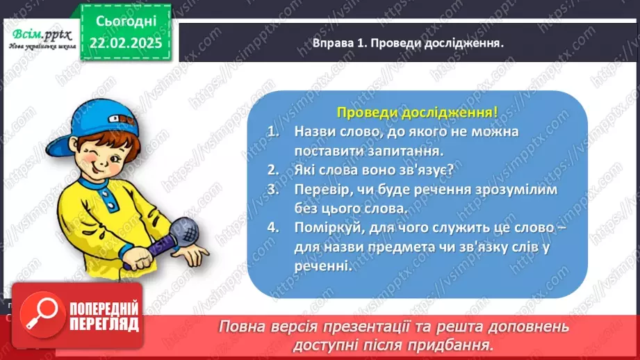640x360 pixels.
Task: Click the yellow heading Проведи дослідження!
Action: pos(416,111)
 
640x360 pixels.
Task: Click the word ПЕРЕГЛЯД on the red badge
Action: pos(102,324)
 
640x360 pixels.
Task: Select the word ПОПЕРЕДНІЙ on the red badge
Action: pos(102,309)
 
